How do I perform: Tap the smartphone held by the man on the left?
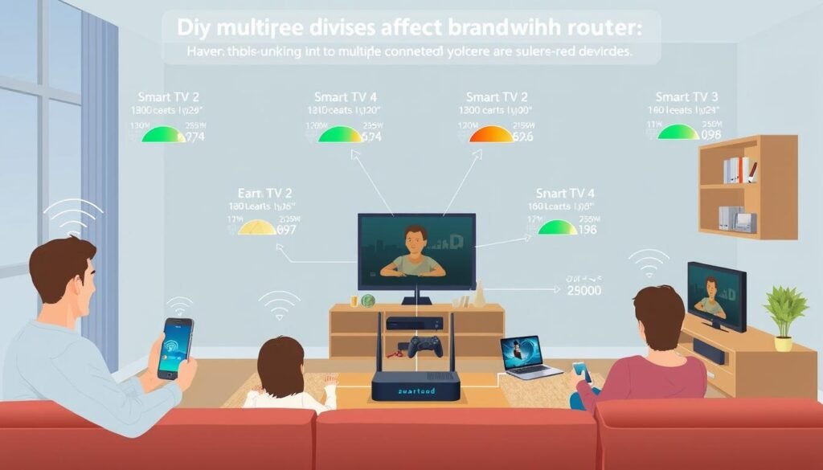[175, 346]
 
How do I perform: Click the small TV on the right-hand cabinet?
[715, 296]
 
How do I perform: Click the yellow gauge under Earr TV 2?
[260, 227]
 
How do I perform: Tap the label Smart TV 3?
[687, 97]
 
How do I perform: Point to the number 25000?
[583, 290]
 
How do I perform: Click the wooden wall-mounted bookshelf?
[747, 186]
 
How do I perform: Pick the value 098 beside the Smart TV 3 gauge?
[710, 136]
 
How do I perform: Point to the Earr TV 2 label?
[264, 192]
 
